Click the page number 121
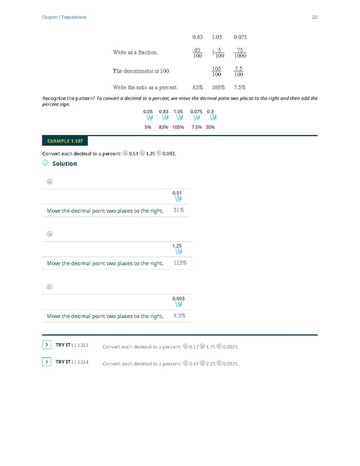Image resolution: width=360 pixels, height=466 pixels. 315,17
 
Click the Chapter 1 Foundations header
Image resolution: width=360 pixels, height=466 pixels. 65,17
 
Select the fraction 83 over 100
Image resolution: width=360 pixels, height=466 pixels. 198,53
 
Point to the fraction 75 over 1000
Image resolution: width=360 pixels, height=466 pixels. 240,53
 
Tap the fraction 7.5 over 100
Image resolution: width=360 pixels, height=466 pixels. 240,71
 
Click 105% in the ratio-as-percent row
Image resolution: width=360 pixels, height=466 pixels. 218,88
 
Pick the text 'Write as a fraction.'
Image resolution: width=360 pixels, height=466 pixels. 135,53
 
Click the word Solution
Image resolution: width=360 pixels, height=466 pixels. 65,164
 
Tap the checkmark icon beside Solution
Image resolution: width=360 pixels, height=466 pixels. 46,164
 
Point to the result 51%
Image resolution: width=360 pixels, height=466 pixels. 179,210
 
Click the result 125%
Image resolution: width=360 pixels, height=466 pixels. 180,263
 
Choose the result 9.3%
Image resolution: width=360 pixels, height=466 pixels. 179,316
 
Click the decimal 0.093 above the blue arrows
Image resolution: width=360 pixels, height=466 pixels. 178,298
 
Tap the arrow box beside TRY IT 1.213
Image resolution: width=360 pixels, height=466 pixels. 46,345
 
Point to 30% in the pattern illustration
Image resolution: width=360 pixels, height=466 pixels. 210,127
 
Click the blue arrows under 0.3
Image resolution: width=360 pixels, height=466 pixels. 210,118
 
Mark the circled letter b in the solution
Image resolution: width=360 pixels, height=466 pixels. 49,234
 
